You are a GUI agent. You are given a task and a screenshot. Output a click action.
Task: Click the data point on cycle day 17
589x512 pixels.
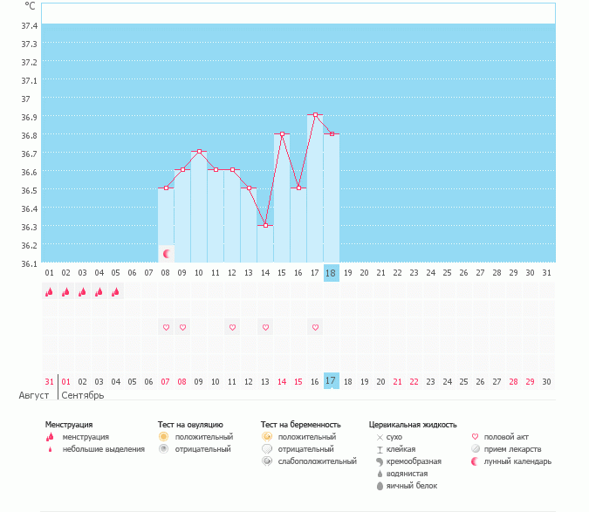click(x=315, y=115)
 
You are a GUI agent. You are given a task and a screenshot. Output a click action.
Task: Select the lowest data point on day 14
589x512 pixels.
click(x=265, y=225)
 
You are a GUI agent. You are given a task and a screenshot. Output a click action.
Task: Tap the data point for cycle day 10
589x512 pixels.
click(x=199, y=152)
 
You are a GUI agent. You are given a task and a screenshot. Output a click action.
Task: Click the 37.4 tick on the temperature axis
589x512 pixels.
click(x=29, y=25)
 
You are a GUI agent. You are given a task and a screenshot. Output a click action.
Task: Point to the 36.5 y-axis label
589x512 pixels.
click(x=29, y=190)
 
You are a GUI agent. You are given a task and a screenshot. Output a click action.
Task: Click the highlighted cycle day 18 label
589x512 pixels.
click(x=331, y=273)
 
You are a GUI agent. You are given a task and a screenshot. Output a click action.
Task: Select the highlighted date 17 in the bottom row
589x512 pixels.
click(x=331, y=381)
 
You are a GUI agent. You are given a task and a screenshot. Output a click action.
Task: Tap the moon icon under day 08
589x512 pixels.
click(x=166, y=254)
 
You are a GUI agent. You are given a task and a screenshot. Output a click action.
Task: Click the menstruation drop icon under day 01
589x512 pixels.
click(x=49, y=292)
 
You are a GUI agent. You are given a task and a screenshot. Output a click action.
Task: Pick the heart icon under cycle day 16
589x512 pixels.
click(x=315, y=328)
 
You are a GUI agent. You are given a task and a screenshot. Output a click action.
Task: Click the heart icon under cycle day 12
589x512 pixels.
click(x=232, y=328)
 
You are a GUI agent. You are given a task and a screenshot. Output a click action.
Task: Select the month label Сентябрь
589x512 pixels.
click(x=83, y=395)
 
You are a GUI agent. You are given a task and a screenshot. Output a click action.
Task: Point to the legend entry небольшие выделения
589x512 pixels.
click(x=104, y=448)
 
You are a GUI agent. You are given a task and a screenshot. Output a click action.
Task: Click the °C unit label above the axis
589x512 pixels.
click(x=31, y=6)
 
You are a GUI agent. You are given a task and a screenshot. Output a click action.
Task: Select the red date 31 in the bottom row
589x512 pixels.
click(x=49, y=381)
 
